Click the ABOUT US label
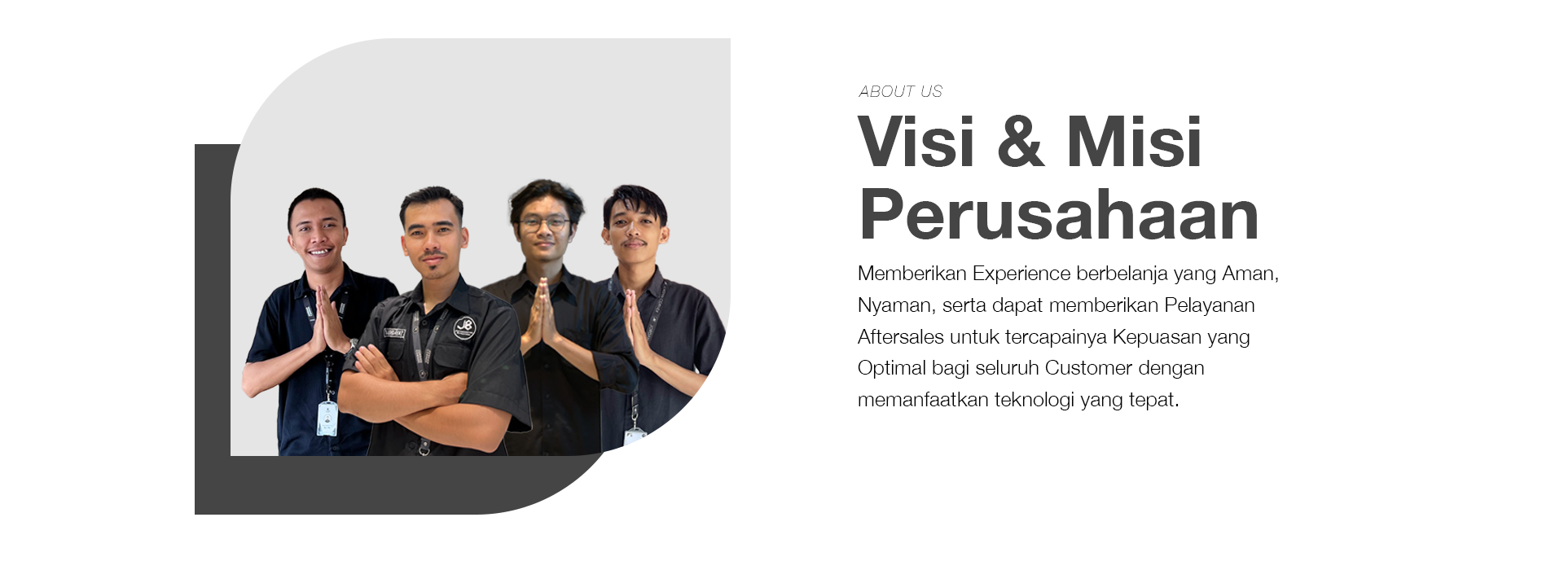pyautogui.click(x=900, y=91)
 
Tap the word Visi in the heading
pyautogui.click(x=916, y=142)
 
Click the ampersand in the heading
pyautogui.click(x=1020, y=142)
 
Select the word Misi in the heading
pyautogui.click(x=1134, y=142)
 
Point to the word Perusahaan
pyautogui.click(x=1058, y=215)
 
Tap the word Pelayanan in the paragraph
pyautogui.click(x=1209, y=305)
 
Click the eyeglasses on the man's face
pyautogui.click(x=544, y=222)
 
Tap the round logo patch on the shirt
pyautogui.click(x=464, y=328)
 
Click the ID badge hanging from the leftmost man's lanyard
pyautogui.click(x=327, y=419)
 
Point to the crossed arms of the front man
pyautogui.click(x=415, y=391)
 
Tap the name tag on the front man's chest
pyautogui.click(x=394, y=332)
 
